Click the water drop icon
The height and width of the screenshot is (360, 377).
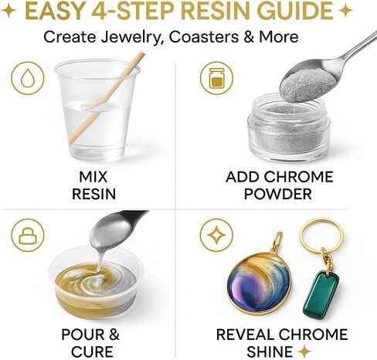click(28, 78)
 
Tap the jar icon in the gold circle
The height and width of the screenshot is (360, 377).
click(216, 78)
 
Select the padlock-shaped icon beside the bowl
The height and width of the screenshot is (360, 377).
click(28, 235)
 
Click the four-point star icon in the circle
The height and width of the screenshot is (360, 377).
click(216, 235)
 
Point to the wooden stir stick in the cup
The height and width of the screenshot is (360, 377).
click(107, 98)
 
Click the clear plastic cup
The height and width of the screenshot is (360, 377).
click(97, 110)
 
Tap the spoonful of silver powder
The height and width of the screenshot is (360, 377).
click(308, 83)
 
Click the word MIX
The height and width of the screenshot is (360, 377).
click(93, 177)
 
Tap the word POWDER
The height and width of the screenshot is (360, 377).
click(278, 194)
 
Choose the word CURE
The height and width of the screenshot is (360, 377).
click(92, 352)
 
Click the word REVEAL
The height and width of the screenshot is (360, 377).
click(246, 335)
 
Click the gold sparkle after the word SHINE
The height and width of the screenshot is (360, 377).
click(304, 352)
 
